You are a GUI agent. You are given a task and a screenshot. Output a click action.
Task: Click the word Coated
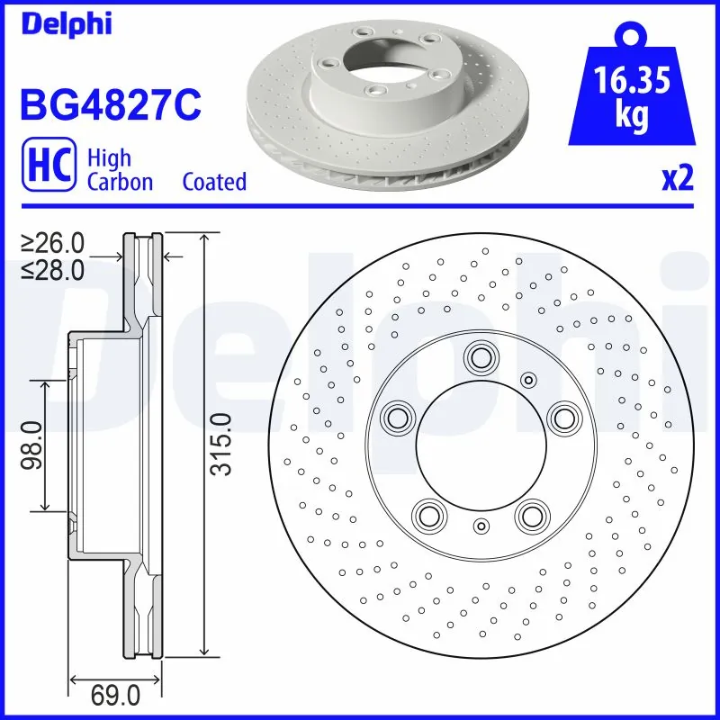coord(214,182)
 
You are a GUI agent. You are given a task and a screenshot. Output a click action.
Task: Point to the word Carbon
coord(120,182)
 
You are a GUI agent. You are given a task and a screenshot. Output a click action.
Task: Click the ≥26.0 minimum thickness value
coord(53,242)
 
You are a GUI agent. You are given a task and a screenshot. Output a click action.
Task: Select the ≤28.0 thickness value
coord(53,268)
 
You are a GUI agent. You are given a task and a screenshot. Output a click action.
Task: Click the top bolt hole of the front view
coord(479,357)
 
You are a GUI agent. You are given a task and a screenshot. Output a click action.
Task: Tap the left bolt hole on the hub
coord(395,417)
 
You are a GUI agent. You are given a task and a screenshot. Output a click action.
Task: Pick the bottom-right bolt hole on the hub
coord(531,515)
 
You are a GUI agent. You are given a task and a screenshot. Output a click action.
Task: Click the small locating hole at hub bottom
coord(481,526)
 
